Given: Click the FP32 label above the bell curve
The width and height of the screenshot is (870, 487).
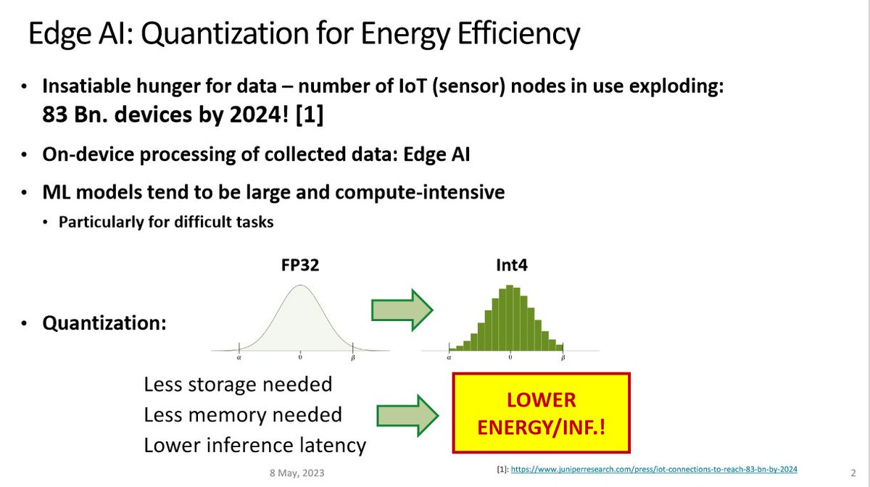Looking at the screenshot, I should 300,265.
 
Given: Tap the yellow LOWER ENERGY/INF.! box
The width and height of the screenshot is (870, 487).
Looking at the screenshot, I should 541,412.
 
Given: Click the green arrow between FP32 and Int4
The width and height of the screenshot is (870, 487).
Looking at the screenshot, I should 402,310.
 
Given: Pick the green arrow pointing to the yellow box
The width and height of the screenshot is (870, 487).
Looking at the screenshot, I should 407,415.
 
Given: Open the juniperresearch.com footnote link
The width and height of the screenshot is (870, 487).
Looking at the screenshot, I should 654,470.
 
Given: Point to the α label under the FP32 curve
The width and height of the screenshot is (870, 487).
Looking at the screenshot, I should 239,357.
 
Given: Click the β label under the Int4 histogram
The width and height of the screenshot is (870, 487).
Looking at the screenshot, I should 563,357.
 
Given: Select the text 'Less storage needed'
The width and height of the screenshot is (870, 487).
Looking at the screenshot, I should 238,384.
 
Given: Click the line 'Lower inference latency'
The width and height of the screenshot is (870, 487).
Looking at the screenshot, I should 254,445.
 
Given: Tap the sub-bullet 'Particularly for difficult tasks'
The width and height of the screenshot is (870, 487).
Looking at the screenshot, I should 166,222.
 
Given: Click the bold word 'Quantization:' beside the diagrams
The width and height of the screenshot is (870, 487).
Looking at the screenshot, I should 104,323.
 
